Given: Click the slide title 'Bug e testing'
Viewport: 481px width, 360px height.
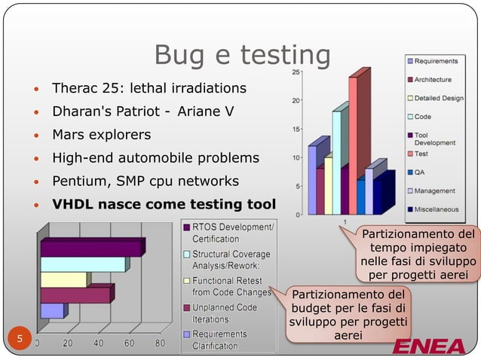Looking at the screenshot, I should point(242,54).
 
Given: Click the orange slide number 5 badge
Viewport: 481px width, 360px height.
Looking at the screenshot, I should point(20,339).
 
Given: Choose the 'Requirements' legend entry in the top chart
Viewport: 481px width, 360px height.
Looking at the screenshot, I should point(436,60).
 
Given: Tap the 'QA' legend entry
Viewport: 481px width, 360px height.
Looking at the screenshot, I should point(419,172).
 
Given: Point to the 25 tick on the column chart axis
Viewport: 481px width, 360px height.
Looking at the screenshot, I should point(297,72).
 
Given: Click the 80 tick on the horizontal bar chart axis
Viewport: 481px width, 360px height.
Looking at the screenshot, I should point(160,343).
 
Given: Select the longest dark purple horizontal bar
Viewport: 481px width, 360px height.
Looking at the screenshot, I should point(91,248).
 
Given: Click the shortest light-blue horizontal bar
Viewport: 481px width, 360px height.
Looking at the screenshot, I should point(52,310).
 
